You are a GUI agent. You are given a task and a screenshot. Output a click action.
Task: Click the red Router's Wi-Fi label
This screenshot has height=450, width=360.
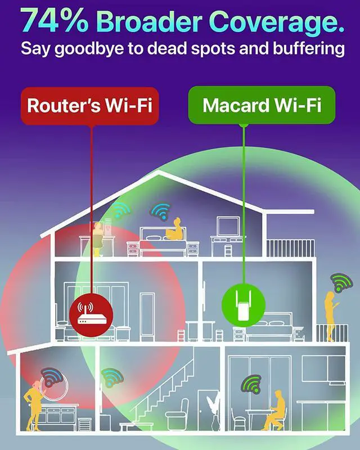(x=90, y=105)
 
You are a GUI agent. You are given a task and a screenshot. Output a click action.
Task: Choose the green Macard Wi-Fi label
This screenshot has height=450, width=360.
(x=262, y=105)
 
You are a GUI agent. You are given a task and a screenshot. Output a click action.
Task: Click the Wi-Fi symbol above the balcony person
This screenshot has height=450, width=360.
(x=339, y=281)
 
